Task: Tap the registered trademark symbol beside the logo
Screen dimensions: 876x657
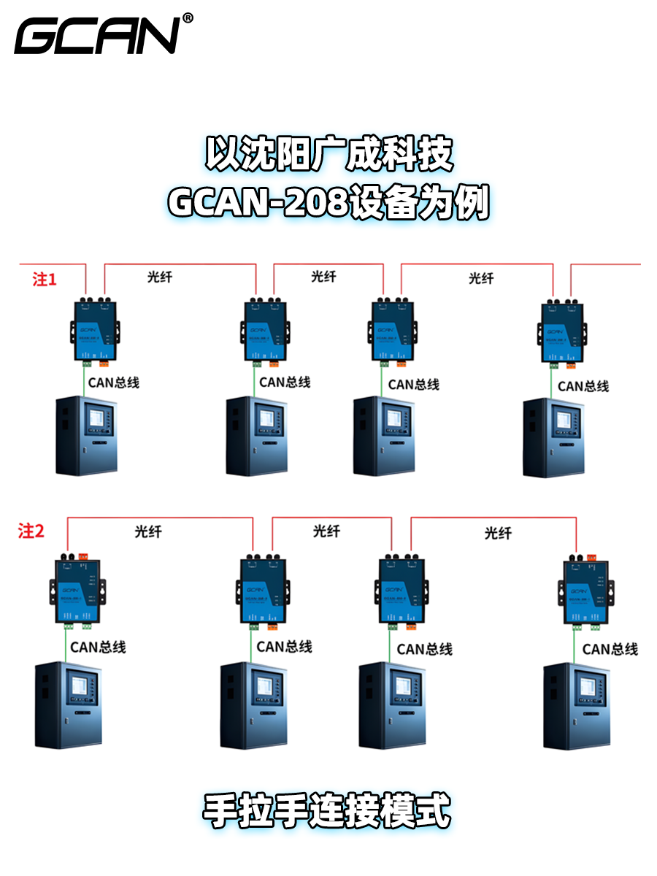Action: pos(188,18)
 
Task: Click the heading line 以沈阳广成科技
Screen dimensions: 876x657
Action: pos(328,154)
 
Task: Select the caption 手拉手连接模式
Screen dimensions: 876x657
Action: pos(327,811)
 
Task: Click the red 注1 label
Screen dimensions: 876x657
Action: pos(45,279)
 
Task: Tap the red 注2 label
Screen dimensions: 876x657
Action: pos(31,531)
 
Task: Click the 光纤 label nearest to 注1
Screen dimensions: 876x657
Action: pos(160,276)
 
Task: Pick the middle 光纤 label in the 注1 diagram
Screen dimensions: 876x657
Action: pos(323,276)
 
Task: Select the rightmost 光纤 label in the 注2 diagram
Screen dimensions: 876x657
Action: pos(498,534)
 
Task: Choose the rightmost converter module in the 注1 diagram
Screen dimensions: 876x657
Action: pos(562,331)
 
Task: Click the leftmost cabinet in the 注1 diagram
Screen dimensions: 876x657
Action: pos(87,435)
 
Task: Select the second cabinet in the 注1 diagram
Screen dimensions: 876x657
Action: pos(257,436)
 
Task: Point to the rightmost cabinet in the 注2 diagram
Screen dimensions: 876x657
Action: pos(576,706)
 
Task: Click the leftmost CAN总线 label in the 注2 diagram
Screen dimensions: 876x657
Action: pos(98,647)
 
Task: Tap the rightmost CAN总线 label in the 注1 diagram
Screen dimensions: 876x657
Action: pos(583,386)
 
